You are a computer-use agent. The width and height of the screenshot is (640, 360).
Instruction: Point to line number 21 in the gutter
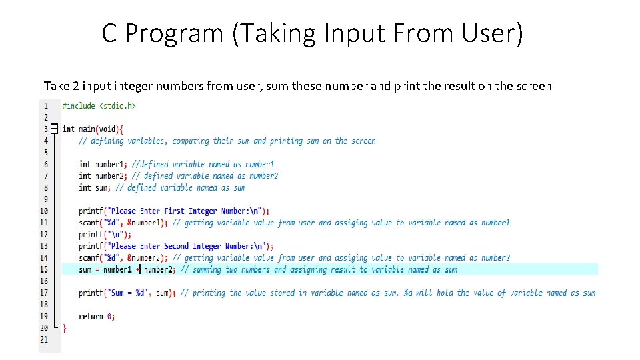(x=43, y=339)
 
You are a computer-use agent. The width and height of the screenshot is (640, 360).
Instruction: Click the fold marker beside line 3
(x=54, y=129)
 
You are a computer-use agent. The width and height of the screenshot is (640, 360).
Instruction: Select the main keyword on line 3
(x=86, y=129)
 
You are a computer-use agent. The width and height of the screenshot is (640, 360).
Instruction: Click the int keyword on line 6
(x=85, y=164)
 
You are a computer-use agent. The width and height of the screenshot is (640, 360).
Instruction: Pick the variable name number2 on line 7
(x=109, y=176)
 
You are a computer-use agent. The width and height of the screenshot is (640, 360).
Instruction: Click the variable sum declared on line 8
(x=102, y=187)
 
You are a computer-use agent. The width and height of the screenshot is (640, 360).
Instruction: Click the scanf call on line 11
(x=89, y=223)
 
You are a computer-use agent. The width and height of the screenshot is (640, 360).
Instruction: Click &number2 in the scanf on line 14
(x=146, y=258)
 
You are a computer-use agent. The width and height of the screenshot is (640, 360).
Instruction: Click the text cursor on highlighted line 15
(x=139, y=269)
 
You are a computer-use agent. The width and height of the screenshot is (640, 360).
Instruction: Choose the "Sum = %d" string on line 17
(x=129, y=293)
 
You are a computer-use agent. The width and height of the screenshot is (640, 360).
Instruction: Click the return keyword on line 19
(x=91, y=316)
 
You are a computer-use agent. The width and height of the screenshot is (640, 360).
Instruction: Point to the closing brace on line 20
(x=65, y=328)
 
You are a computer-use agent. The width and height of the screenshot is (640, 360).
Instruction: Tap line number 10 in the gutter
(x=43, y=211)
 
